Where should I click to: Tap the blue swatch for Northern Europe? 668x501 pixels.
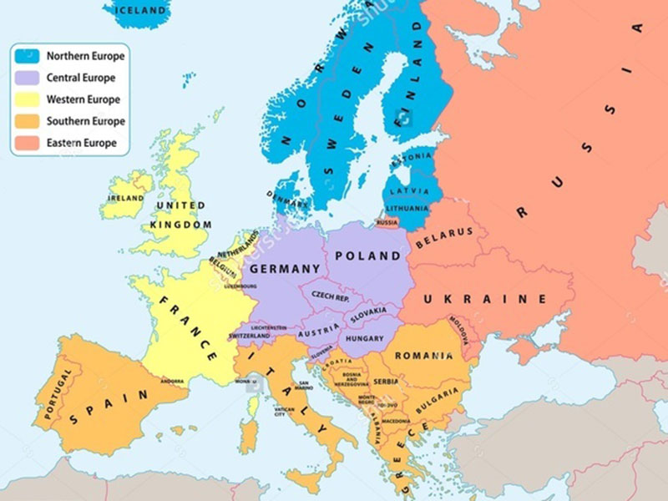coord(28,57)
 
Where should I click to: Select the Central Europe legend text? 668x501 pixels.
coord(80,78)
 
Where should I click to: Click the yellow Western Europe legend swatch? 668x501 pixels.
coord(28,100)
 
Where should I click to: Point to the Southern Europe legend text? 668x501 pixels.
coord(85,122)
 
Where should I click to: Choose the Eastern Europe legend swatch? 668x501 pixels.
coord(28,143)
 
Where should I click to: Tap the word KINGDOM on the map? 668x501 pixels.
coord(181,225)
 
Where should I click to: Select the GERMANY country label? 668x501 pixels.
coord(285,269)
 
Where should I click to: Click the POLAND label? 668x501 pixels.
coord(367,256)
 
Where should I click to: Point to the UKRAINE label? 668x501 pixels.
coord(484,299)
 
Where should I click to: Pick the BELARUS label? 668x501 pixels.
coord(444,237)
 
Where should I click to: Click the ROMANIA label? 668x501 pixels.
coord(423,356)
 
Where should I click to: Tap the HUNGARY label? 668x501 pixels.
coord(364,339)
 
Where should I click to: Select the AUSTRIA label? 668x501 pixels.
coord(317,328)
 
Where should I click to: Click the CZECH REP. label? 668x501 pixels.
coord(331,296)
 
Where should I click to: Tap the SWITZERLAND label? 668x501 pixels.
coord(250,336)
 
